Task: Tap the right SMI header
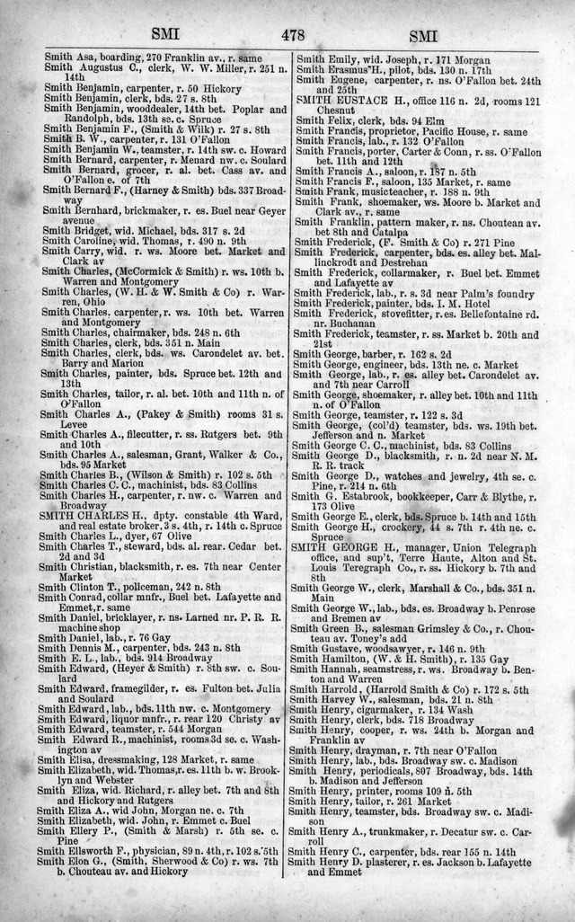tap(424, 37)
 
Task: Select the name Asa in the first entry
tap(83, 56)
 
